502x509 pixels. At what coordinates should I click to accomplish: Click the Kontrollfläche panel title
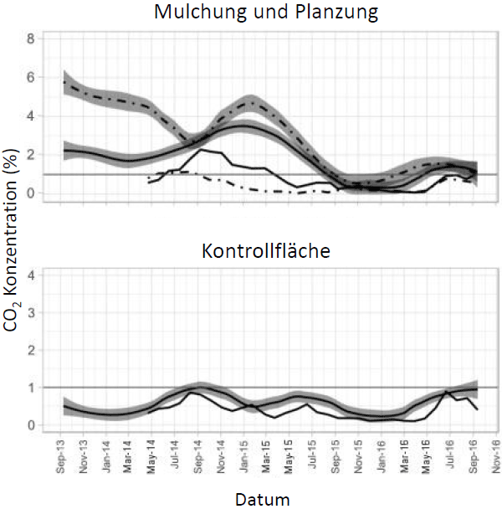pyautogui.click(x=266, y=249)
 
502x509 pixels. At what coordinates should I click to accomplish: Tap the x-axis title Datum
pyautogui.click(x=261, y=500)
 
